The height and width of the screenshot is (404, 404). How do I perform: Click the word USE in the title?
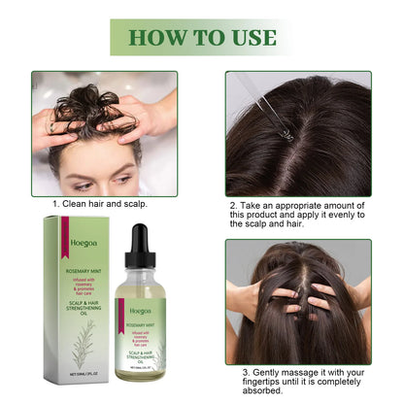(251, 38)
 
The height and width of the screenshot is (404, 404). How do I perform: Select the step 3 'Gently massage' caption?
(302, 383)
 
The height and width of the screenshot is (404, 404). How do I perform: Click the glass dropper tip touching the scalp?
(288, 135)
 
